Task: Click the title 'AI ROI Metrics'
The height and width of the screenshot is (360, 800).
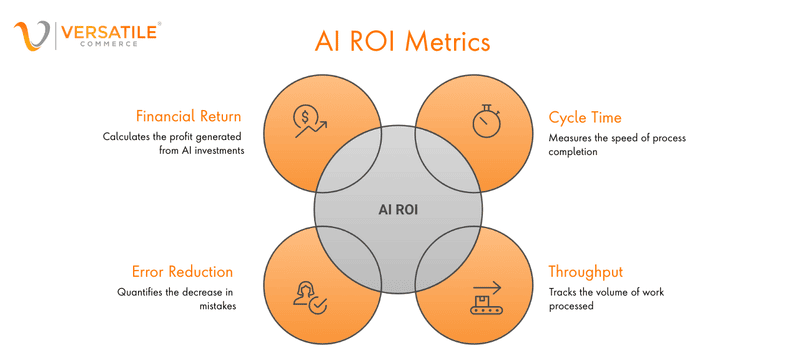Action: click(402, 43)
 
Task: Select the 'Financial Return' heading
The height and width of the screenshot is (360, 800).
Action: click(190, 114)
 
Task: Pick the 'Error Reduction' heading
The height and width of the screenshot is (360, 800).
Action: click(183, 271)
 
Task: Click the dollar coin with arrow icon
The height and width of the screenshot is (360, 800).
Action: click(306, 121)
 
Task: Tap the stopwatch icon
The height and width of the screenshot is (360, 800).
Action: click(488, 120)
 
